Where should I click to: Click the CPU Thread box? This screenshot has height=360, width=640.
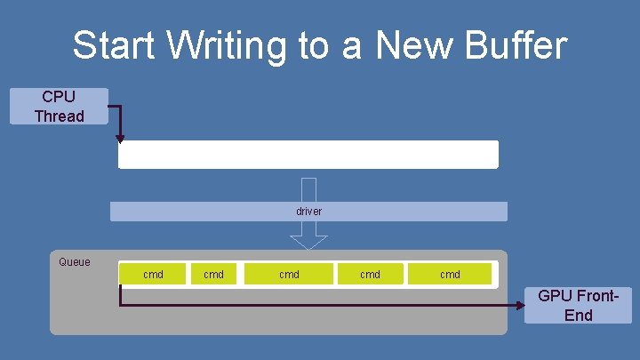(x=59, y=106)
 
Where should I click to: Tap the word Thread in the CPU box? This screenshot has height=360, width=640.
(x=59, y=116)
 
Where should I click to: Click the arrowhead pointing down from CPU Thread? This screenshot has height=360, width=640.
(x=120, y=139)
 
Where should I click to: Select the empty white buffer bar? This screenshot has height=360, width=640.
(x=308, y=155)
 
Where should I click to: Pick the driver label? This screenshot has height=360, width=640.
(x=308, y=212)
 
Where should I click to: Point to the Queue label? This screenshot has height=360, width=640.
(x=74, y=262)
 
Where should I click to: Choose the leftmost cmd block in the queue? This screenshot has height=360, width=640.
(x=153, y=275)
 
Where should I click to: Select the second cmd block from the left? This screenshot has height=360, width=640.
(x=213, y=275)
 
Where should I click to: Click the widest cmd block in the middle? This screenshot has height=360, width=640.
(x=289, y=275)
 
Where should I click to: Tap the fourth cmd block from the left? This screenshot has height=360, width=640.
(x=370, y=275)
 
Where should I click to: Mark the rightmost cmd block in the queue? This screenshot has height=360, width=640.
(x=450, y=275)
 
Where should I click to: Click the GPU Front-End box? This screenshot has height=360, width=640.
(x=578, y=305)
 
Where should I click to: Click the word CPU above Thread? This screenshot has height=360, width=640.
(x=59, y=96)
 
